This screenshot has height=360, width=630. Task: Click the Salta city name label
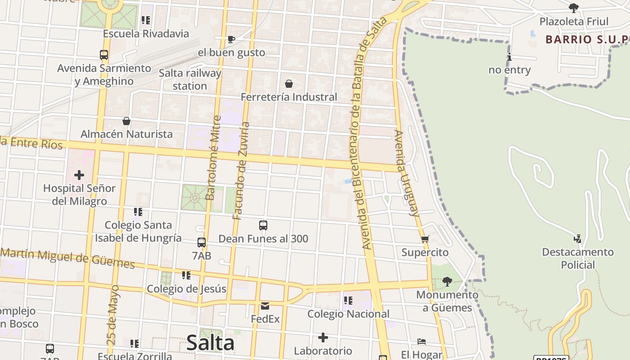click(210, 343)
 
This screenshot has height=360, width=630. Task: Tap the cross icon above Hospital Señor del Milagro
click(79, 175)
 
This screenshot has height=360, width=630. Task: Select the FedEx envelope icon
click(265, 306)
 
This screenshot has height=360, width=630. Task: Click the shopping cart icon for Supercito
click(425, 239)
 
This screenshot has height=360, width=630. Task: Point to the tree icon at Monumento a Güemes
click(447, 282)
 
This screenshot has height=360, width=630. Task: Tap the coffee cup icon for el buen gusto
click(231, 39)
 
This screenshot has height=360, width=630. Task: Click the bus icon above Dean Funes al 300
click(263, 225)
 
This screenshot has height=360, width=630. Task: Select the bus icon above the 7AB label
click(202, 243)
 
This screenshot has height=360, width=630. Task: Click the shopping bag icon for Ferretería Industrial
click(289, 84)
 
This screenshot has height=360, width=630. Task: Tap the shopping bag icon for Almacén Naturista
click(126, 121)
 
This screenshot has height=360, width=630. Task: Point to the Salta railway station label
click(190, 79)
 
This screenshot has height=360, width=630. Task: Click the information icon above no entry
click(509, 57)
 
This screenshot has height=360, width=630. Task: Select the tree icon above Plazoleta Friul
click(573, 8)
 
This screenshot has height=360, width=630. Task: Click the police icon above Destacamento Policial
click(578, 238)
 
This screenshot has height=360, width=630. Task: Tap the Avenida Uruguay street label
click(407, 173)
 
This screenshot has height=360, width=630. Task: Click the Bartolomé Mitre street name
click(213, 158)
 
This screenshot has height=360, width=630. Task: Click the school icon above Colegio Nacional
click(348, 300)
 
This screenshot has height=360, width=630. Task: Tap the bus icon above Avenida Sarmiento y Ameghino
click(104, 55)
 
